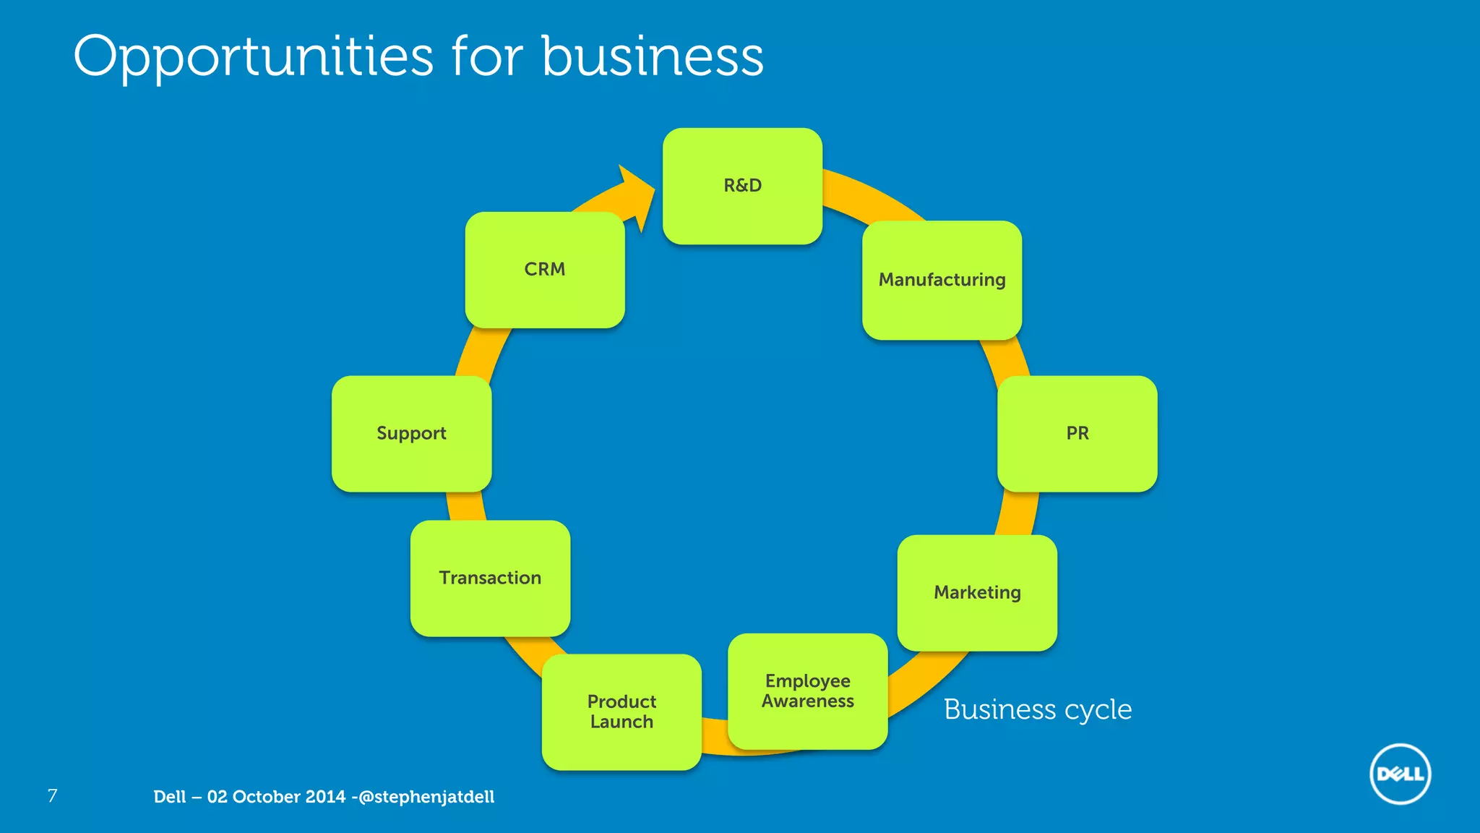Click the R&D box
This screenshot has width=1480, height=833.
pyautogui.click(x=742, y=186)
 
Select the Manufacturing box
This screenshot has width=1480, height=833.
pyautogui.click(x=942, y=280)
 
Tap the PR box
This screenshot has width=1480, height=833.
pyautogui.click(x=1077, y=433)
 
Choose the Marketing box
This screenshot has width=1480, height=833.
pyautogui.click(x=977, y=592)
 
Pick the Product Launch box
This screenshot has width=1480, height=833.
pyautogui.click(x=621, y=712)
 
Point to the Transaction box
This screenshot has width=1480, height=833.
pyautogui.click(x=490, y=578)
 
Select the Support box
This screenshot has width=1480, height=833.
pyautogui.click(x=411, y=433)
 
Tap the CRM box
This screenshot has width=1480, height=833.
pyautogui.click(x=545, y=269)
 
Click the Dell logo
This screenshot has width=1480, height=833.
pyautogui.click(x=1400, y=774)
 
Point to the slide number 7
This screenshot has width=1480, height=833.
pyautogui.click(x=52, y=796)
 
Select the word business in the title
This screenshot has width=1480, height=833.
pyautogui.click(x=652, y=56)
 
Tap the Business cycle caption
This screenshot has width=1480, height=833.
pyautogui.click(x=1037, y=709)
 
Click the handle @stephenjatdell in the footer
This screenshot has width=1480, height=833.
pyautogui.click(x=426, y=797)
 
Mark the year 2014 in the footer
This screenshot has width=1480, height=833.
pyautogui.click(x=325, y=797)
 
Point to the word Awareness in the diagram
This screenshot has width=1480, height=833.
pyautogui.click(x=807, y=701)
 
